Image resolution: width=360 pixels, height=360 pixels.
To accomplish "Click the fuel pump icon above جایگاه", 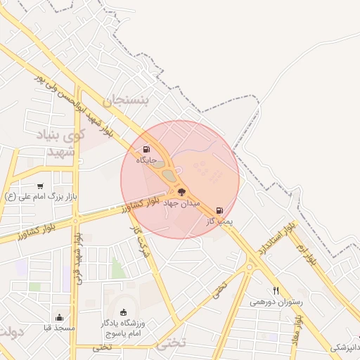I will point(146,149).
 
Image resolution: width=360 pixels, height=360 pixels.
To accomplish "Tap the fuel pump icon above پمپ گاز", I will point(220,210).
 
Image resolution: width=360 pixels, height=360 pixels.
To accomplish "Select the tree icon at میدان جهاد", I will point(181,191).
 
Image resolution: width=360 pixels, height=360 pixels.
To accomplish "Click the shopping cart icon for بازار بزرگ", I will point(40,186).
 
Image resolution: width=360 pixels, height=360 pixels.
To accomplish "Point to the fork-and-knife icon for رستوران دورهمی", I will point(276,290).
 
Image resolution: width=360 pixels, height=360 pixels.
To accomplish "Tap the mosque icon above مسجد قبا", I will point(59,317).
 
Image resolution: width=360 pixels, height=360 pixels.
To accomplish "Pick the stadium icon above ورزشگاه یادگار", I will point(124,311).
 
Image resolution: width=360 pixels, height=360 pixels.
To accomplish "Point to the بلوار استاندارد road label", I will point(273,238).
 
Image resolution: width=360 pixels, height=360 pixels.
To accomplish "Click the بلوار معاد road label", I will point(298,328).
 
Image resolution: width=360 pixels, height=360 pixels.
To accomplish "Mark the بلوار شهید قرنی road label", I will point(83,257).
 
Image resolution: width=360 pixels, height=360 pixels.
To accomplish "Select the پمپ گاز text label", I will point(219,221).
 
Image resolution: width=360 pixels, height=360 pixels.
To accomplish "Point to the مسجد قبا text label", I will point(59,328).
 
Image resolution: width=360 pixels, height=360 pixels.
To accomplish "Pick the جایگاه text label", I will point(146,160).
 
